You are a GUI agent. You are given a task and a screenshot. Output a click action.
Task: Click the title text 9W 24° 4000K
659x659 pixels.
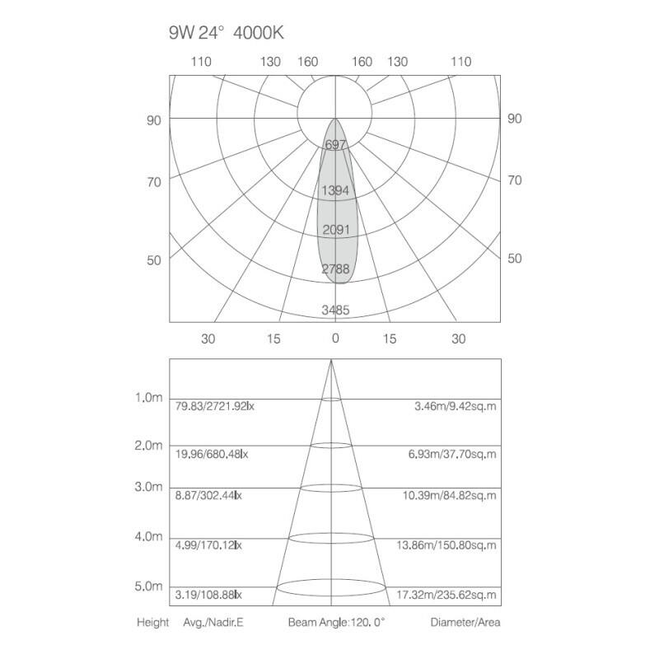coord(226,33)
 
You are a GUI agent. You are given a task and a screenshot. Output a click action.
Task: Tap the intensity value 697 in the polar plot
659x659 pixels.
coord(335,145)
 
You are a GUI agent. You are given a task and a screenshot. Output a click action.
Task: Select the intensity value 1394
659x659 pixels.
coord(335,191)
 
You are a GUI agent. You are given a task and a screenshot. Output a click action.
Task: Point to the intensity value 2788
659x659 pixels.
coord(335,269)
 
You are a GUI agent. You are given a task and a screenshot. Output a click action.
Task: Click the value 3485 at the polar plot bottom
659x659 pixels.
coord(335,311)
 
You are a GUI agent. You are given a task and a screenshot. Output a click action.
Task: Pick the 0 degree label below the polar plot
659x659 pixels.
coord(335,339)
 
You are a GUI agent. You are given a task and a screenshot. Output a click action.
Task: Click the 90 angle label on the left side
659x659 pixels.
coord(154,120)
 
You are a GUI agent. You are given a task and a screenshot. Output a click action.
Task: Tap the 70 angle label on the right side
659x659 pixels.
coord(514,180)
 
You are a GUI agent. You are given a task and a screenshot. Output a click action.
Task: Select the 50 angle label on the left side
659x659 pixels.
coord(154,260)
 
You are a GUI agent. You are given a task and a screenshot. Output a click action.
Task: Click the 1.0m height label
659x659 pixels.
coord(148,398)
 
